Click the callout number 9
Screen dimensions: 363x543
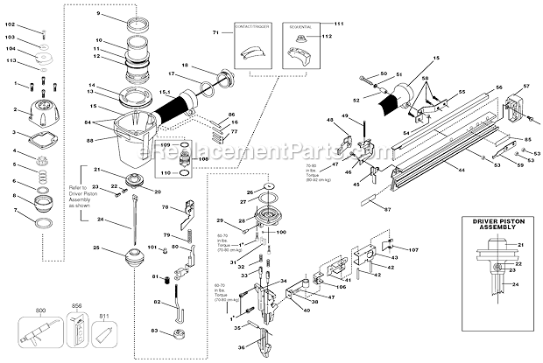(98, 16)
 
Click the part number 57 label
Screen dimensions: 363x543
(526, 86)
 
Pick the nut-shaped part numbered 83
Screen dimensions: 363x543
(180, 333)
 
